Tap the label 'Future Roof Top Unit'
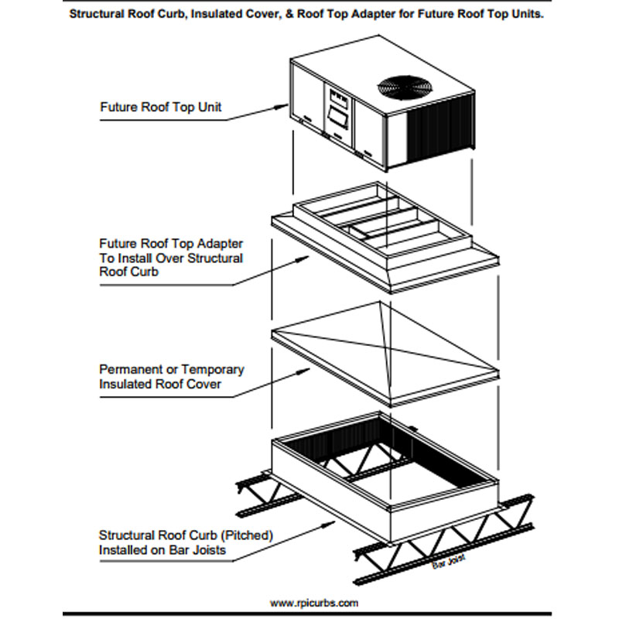point(161,107)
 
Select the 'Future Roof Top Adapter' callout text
point(171,243)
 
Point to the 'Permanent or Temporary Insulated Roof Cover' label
point(172,376)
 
